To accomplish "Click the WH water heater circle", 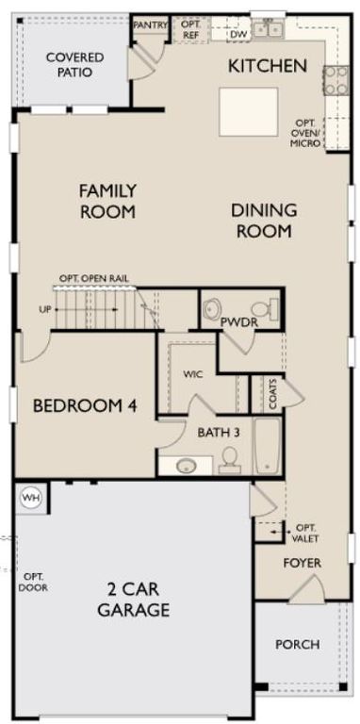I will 31,497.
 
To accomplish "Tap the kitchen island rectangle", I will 249,111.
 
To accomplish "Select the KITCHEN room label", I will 268,66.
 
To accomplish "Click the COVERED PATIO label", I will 74,64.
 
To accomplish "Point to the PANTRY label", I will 151,25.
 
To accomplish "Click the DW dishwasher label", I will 238,32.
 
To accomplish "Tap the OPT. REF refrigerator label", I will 190,29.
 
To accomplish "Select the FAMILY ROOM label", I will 107,201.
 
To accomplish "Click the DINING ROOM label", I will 264,220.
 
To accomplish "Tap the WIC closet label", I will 193,374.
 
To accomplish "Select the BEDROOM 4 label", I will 85,406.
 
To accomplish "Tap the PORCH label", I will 297,645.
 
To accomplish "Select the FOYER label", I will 303,563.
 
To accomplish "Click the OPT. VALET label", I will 306,533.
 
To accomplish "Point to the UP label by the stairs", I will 43,309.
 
